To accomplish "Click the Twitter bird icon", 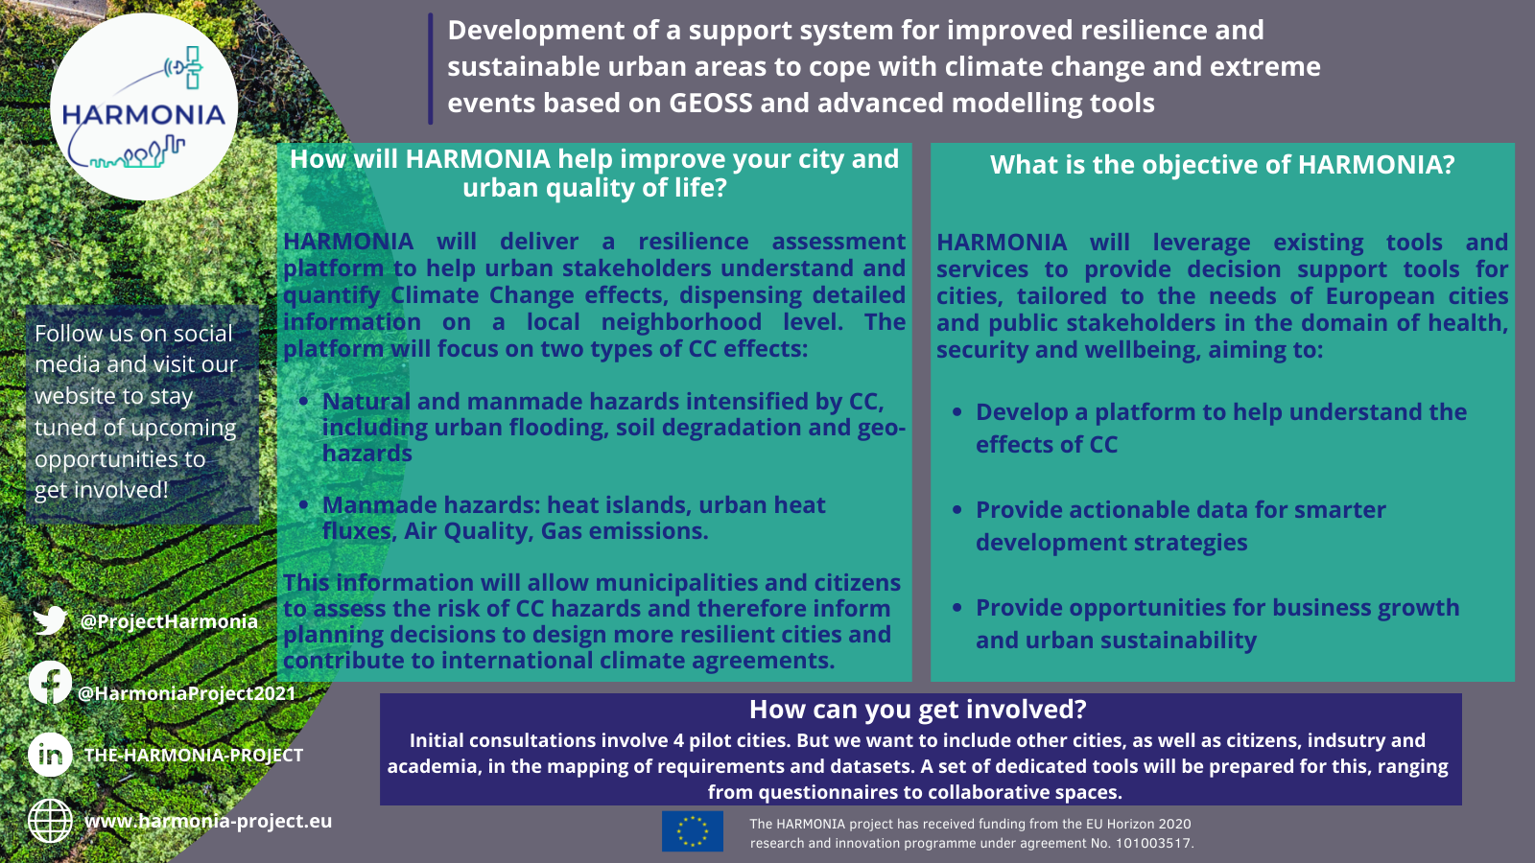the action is click(50, 620).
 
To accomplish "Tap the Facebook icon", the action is click(50, 682).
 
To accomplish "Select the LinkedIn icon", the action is click(50, 754).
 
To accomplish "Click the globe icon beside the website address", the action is click(50, 821).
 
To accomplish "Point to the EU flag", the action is click(692, 831).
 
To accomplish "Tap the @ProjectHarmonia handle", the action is click(169, 621).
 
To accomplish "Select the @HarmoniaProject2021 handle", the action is click(186, 693).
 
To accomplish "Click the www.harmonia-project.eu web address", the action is click(208, 821).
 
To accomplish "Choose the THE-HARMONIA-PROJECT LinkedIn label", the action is click(193, 755).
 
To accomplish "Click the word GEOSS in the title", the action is click(711, 103).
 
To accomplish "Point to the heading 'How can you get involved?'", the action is click(917, 710).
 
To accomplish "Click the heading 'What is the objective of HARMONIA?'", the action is click(1222, 164).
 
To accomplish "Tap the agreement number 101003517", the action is click(1154, 843).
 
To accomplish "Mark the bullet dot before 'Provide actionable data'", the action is click(957, 510).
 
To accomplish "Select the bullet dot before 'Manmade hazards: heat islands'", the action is click(303, 505).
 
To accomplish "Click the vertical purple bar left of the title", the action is click(431, 68).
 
